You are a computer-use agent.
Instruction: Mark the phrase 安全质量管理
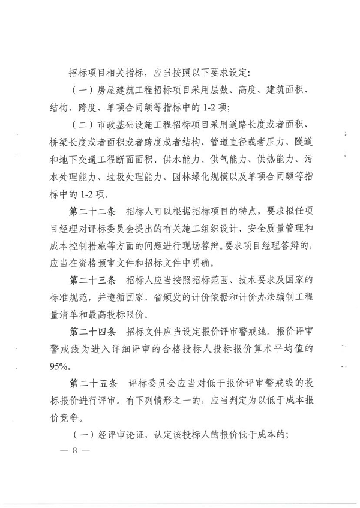point(269,229)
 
